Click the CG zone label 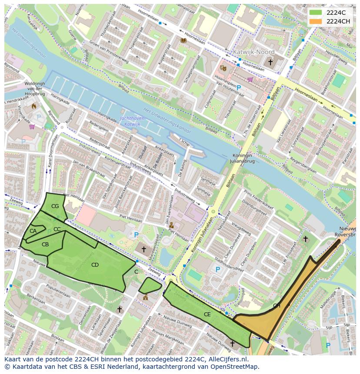(x=55, y=206)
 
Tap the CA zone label (x=33, y=231)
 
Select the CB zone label (x=45, y=245)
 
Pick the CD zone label (x=95, y=265)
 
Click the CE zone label (x=207, y=314)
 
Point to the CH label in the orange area (x=277, y=306)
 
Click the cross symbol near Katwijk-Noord (x=270, y=63)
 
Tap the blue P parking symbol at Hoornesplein (x=239, y=88)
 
